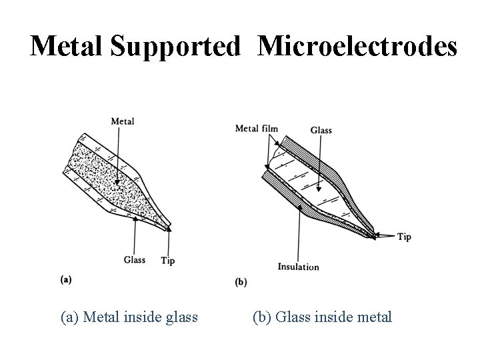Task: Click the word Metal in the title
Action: tap(67, 46)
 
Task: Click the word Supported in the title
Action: tap(176, 46)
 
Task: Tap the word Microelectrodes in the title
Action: tap(357, 46)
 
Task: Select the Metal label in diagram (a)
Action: tap(122, 121)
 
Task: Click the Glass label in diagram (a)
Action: tap(134, 260)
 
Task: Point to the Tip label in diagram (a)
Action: tap(167, 261)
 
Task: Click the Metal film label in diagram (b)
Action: tap(257, 128)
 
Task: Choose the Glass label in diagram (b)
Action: tap(321, 130)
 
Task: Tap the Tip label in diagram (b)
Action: tap(404, 237)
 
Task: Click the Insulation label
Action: tap(298, 267)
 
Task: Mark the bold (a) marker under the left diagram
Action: tap(66, 279)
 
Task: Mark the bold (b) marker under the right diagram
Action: tap(241, 281)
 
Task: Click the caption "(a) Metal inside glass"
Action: tap(129, 317)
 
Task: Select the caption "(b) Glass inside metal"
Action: tap(322, 317)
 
